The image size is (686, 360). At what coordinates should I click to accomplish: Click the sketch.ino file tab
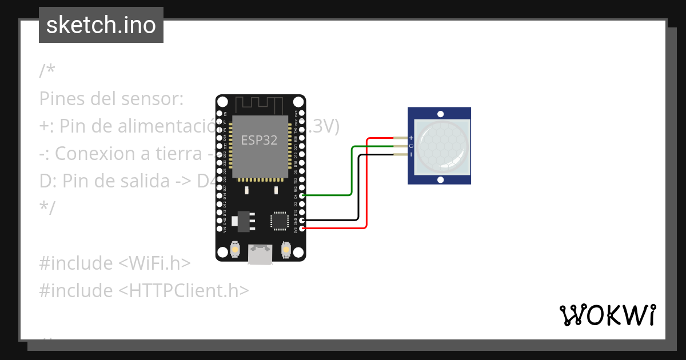pyautogui.click(x=101, y=25)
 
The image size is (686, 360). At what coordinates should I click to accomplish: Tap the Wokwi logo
pyautogui.click(x=607, y=315)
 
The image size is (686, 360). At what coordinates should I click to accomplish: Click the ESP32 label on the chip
pyautogui.click(x=259, y=140)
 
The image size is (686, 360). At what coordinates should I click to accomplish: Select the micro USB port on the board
pyautogui.click(x=260, y=255)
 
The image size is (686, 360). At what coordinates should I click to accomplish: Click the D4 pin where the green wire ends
pyautogui.click(x=302, y=195)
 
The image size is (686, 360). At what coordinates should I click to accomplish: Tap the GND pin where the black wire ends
pyautogui.click(x=302, y=220)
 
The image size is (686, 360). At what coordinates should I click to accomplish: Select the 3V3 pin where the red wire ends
pyautogui.click(x=302, y=229)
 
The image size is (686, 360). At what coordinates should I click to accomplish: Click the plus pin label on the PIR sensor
pyautogui.click(x=410, y=138)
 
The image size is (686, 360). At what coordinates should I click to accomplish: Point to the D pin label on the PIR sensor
pyautogui.click(x=410, y=146)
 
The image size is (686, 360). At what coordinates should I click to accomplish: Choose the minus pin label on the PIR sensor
pyautogui.click(x=410, y=154)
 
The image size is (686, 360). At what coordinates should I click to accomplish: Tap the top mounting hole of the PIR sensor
pyautogui.click(x=440, y=113)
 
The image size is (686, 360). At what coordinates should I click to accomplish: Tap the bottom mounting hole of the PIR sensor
pyautogui.click(x=440, y=179)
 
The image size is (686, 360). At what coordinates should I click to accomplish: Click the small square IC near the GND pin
pyautogui.click(x=280, y=221)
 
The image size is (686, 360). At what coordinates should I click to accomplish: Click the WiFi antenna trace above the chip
pyautogui.click(x=260, y=105)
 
